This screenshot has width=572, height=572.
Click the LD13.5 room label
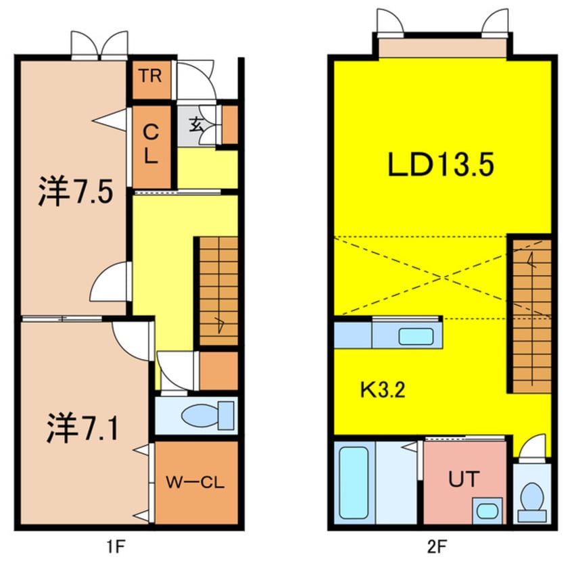442,164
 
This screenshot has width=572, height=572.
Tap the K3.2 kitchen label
382,390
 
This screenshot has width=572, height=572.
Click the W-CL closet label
195,483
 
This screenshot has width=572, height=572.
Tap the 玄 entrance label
197,124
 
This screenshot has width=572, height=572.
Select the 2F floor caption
442,544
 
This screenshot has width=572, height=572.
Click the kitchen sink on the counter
416,335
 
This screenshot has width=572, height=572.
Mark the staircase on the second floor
530,314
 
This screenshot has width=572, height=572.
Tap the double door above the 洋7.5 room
99,46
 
